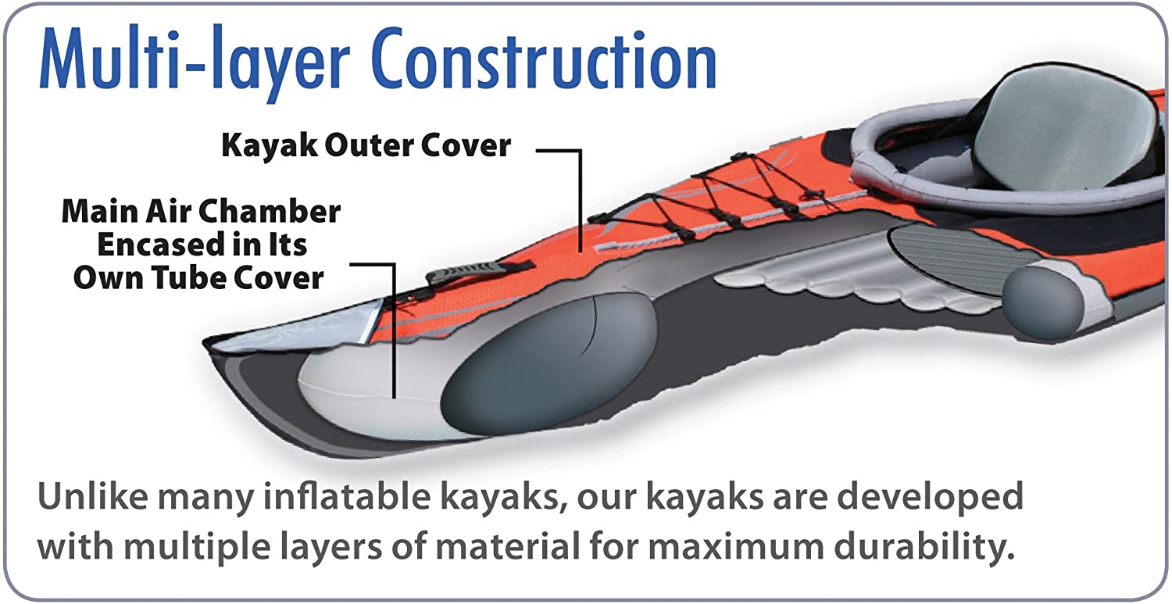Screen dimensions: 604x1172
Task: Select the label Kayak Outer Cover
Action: [366, 145]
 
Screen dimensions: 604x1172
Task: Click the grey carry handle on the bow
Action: [461, 272]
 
